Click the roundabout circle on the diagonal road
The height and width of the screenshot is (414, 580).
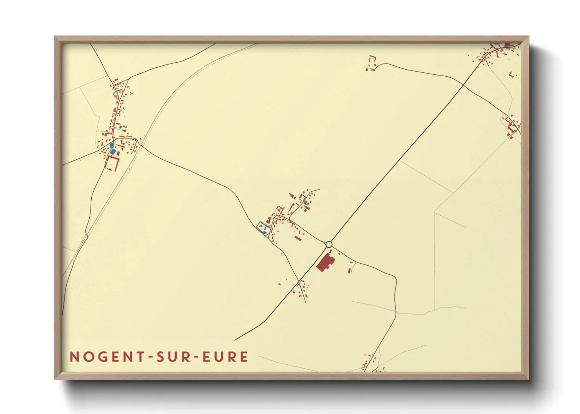329,245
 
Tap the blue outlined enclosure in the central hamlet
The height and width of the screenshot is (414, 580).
261,227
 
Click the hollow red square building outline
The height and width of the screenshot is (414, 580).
112,163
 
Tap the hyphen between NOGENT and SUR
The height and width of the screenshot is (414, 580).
149,357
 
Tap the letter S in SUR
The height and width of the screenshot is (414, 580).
161,357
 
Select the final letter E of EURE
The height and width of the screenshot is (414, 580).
245,357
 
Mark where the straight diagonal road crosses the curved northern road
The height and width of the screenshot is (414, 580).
463,84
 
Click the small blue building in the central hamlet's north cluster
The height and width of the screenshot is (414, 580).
305,202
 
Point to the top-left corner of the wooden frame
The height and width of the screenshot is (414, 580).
55,37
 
